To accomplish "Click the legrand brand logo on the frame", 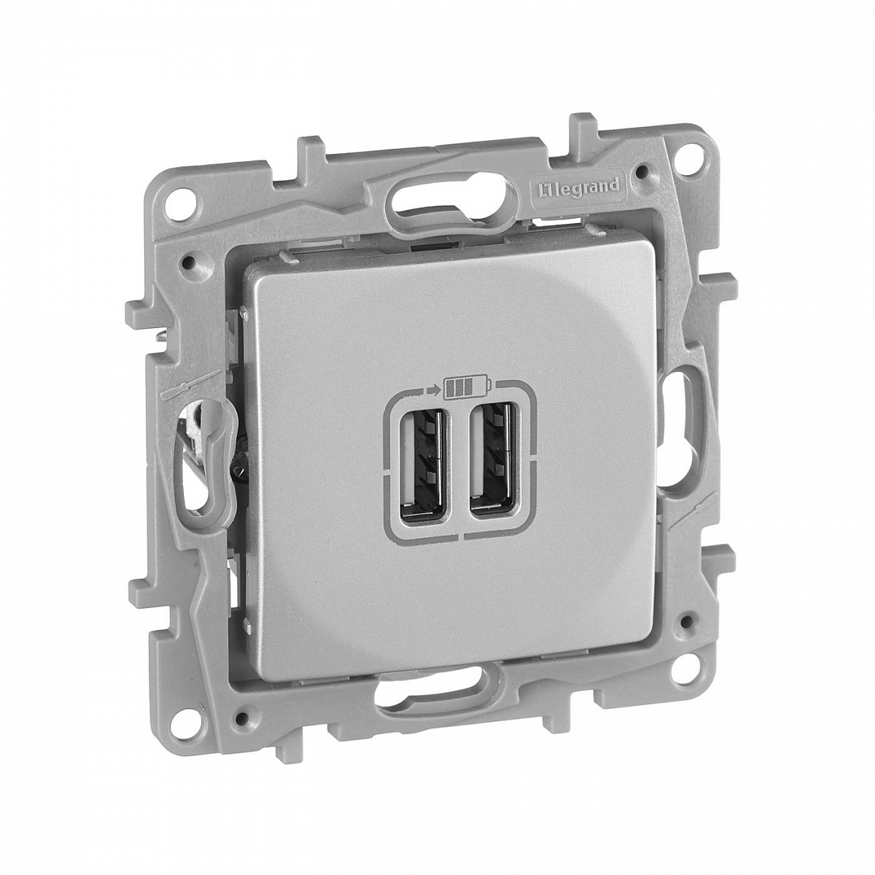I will click(x=575, y=187).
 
